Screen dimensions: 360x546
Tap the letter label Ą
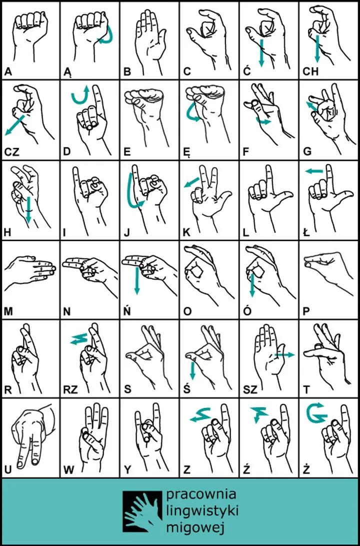[x=67, y=73]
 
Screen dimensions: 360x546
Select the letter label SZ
[x=250, y=389]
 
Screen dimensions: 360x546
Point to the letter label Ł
[x=306, y=233]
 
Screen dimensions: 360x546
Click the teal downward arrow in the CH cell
[x=317, y=47]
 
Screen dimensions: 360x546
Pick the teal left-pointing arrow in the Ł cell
[x=314, y=171]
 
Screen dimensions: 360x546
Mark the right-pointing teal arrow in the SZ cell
[x=284, y=355]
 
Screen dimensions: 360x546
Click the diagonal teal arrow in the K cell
[x=191, y=182]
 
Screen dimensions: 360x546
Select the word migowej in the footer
[x=195, y=529]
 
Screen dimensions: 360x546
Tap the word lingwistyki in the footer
[x=202, y=512]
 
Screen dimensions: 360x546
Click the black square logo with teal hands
[x=142, y=512]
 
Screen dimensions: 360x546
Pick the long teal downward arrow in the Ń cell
[x=136, y=281]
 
